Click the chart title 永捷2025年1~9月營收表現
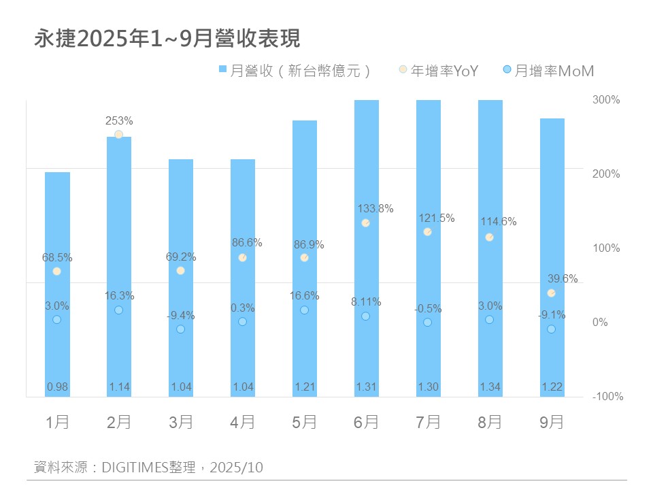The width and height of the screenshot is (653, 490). point(167,39)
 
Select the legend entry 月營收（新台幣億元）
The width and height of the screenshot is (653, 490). point(296,71)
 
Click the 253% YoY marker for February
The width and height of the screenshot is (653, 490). point(118,135)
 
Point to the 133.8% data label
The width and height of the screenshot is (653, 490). point(375,209)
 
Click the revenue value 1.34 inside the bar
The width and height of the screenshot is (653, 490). point(490,387)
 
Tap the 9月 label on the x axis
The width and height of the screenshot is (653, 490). point(552,423)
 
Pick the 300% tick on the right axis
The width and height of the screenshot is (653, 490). point(606,100)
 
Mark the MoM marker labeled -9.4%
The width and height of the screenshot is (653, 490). point(180,329)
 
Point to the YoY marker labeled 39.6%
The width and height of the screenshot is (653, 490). point(552,293)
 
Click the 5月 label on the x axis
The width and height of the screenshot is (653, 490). point(305,423)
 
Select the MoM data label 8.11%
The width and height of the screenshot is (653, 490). point(366,302)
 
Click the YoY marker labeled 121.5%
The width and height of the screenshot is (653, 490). point(428,232)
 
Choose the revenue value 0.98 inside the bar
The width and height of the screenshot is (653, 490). point(57,387)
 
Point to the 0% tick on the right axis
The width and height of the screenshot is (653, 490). point(601,323)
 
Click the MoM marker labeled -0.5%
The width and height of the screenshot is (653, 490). point(428,323)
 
